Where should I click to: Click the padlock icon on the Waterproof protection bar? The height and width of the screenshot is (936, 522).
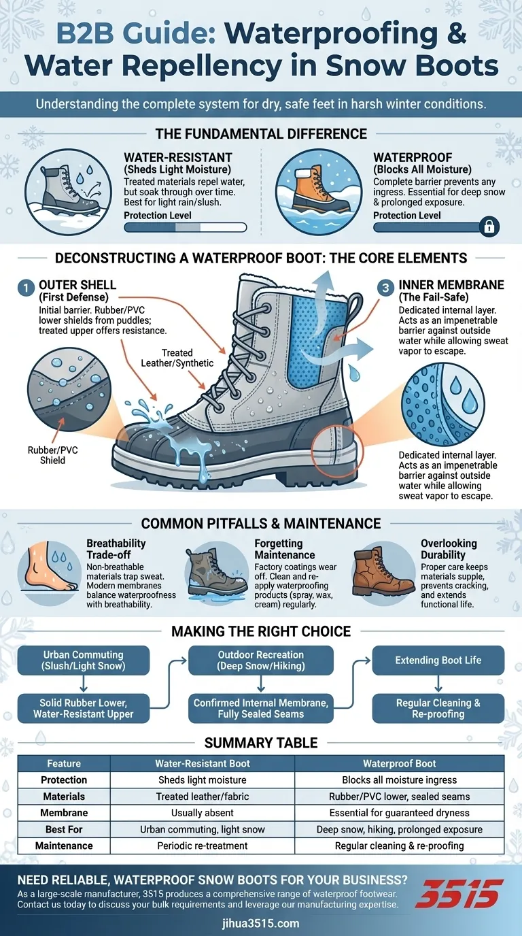(x=489, y=227)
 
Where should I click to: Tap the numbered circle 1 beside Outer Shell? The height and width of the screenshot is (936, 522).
(x=26, y=288)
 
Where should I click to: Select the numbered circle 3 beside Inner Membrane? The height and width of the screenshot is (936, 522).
(x=385, y=288)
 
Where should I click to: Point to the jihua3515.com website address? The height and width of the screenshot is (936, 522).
(x=261, y=923)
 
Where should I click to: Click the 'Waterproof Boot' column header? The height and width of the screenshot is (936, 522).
(x=399, y=763)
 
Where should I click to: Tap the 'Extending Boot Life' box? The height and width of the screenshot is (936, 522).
(x=438, y=661)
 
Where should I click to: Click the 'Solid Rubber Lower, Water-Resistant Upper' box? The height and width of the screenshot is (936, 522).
(x=84, y=708)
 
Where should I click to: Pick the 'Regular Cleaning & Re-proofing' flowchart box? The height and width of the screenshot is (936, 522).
(x=438, y=708)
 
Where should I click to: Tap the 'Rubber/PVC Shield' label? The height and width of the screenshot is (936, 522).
(x=52, y=455)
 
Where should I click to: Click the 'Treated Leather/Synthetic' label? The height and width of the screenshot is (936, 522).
(x=177, y=358)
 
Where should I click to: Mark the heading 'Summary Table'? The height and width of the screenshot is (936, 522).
(x=261, y=743)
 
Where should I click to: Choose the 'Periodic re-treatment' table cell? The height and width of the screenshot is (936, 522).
(x=203, y=846)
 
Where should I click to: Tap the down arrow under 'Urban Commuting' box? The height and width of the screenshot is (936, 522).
(x=84, y=684)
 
